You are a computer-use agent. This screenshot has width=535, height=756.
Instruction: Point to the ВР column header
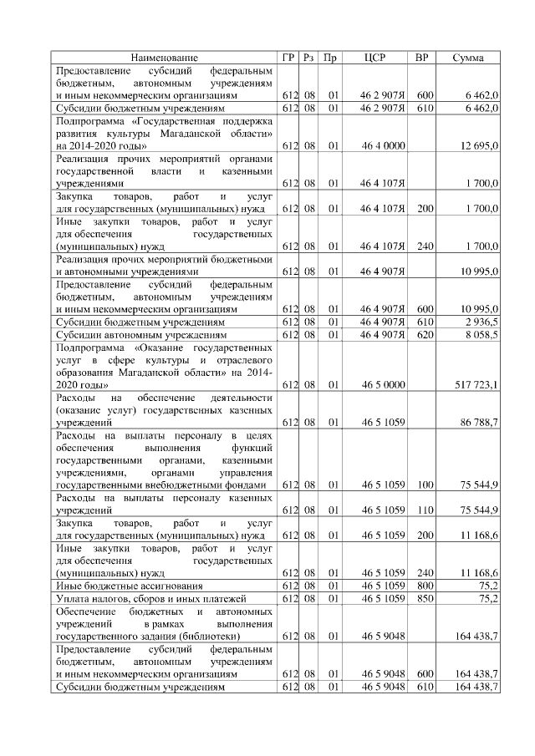click(x=423, y=58)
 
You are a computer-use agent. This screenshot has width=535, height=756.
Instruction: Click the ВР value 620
click(x=425, y=333)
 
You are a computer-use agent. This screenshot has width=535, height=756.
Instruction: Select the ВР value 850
click(x=425, y=599)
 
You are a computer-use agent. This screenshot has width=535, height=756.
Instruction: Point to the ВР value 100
click(x=425, y=485)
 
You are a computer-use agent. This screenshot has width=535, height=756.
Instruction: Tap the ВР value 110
click(x=425, y=510)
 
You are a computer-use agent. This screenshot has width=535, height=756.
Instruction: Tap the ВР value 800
click(x=425, y=587)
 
